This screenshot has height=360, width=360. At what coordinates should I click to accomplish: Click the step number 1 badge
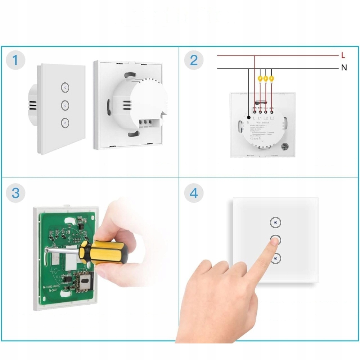pyautogui.click(x=15, y=60)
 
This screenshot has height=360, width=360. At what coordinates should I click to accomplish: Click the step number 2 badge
pyautogui.click(x=194, y=60)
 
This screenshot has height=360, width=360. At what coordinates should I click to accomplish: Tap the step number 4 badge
pyautogui.click(x=194, y=193)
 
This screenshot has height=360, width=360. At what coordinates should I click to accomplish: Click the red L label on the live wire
pyautogui.click(x=343, y=56)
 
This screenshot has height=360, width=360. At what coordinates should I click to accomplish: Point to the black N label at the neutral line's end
pyautogui.click(x=344, y=68)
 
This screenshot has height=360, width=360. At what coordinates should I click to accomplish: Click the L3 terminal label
pyautogui.click(x=271, y=118)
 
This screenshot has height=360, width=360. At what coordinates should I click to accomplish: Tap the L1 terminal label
pyautogui.click(x=260, y=118)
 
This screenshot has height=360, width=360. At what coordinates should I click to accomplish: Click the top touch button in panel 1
pyautogui.click(x=65, y=87)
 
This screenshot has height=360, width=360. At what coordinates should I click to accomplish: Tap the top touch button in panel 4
pyautogui.click(x=275, y=223)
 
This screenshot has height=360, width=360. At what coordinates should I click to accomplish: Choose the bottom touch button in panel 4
pyautogui.click(x=275, y=258)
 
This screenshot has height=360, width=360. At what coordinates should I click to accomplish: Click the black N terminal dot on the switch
pyautogui.click(x=249, y=117)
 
